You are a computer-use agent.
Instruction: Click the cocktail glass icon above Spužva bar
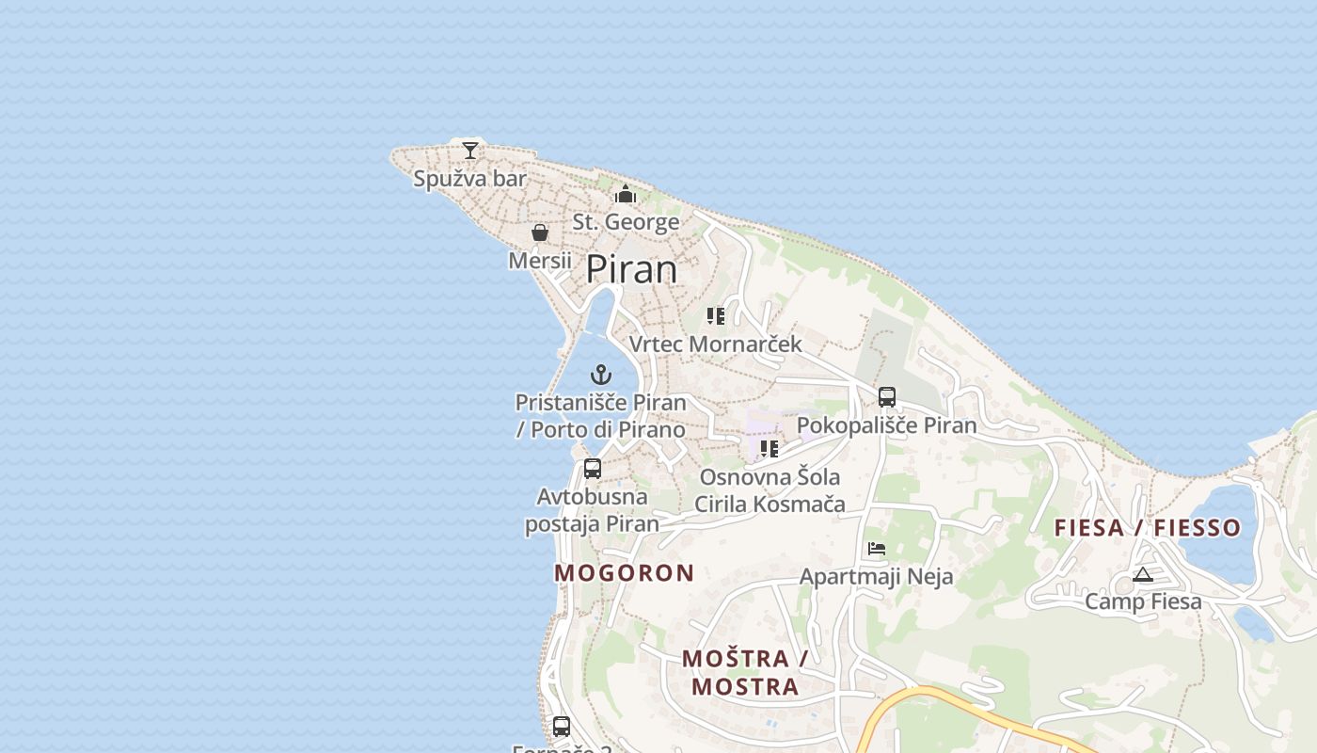point(470,151)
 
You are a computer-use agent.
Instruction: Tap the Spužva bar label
point(469,179)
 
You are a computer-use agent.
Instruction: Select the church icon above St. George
point(626,195)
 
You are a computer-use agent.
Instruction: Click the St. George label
point(626,222)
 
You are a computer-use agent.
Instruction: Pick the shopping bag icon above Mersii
point(540,232)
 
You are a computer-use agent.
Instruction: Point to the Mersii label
point(540,260)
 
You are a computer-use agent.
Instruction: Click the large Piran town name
point(631,270)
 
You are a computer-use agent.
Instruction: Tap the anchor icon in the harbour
point(600,375)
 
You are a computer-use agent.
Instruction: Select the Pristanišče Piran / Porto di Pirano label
point(600,415)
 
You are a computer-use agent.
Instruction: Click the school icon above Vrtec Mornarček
point(716,316)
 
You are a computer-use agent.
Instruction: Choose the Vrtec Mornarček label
point(715,344)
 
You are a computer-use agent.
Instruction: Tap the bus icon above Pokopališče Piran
point(887,397)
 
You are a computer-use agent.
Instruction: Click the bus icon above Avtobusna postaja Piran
point(593,469)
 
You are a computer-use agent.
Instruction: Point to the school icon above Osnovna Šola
point(770,449)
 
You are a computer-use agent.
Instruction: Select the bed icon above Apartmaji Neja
point(877,548)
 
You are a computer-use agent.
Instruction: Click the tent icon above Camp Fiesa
point(1143,574)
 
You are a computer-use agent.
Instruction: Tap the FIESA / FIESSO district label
point(1148,527)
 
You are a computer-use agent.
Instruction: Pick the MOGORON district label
point(625,572)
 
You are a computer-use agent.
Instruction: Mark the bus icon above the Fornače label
point(562,727)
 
